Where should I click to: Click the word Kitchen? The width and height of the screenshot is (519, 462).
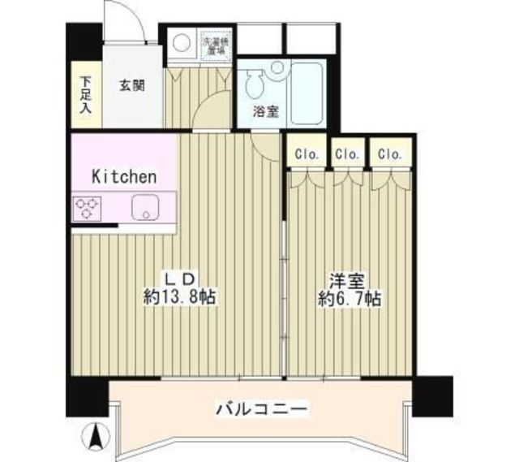click(x=123, y=176)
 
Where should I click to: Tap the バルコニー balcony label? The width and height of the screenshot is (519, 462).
click(x=261, y=408)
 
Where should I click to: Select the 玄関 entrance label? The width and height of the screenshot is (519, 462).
click(x=132, y=84)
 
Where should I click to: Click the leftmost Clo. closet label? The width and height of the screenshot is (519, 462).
click(x=307, y=153)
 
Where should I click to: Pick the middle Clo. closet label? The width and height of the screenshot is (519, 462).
click(x=347, y=153)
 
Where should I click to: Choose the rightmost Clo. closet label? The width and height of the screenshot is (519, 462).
click(x=389, y=153)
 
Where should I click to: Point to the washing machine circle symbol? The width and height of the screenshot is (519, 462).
click(x=181, y=42)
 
